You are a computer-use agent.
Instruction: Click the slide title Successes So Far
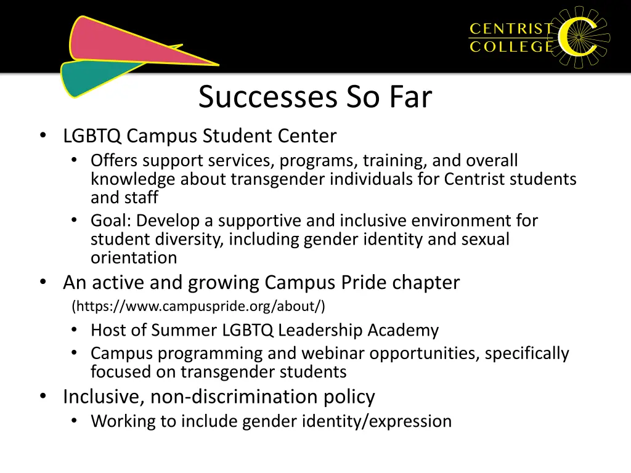point(315,97)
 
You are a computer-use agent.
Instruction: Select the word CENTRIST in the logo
point(511,28)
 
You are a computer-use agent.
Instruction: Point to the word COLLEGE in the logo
point(511,47)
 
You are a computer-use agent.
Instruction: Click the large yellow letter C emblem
point(579,37)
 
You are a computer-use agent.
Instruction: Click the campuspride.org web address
point(198,306)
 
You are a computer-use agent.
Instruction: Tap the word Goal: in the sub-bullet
point(111,220)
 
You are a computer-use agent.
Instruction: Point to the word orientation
point(134,257)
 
